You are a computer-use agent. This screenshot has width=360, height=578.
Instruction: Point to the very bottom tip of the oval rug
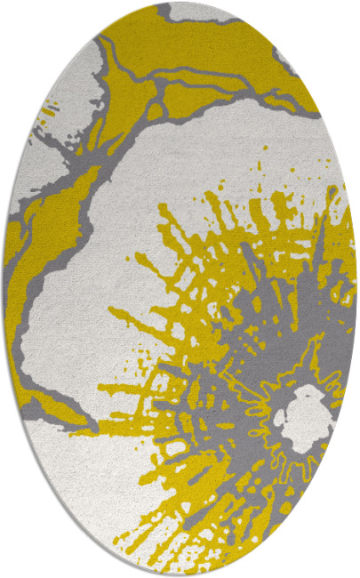[180, 574]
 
